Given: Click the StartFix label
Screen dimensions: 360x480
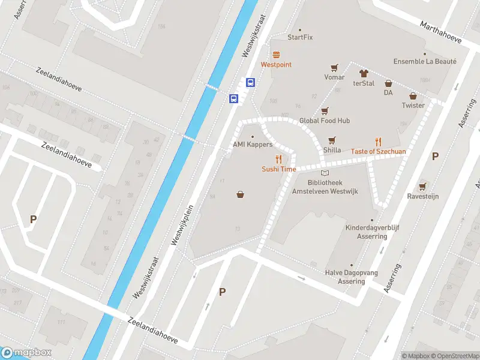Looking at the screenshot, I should coord(300,37).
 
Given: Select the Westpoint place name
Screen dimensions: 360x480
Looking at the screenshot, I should coord(276,64).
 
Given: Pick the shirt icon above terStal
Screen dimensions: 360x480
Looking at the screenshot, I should coord(363,73).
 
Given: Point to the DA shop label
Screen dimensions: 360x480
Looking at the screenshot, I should coord(388,92).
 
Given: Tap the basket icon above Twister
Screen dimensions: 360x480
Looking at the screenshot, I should coord(413,95).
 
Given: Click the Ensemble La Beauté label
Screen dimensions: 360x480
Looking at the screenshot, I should coord(425,61).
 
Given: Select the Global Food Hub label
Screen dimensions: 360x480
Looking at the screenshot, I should coord(325,121).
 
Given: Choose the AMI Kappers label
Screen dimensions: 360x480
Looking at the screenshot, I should coord(253,145).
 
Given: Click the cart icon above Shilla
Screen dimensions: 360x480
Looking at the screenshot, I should coord(332,140).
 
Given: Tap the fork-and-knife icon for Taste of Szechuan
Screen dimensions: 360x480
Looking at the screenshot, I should coord(378,142).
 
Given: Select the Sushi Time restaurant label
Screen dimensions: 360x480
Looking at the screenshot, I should coord(278,169).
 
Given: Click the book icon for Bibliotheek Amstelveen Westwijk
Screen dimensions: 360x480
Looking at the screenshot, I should coord(325,173).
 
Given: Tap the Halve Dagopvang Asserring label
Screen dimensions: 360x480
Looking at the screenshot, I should coord(352,277).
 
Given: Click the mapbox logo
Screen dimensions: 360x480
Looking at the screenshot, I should coord(26,352).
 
